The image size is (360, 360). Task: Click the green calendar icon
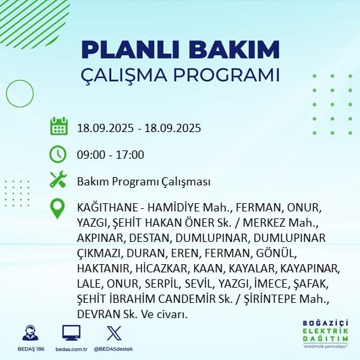(x=59, y=126)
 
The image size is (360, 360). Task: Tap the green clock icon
(x=58, y=154)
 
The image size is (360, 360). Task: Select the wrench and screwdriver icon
(x=58, y=179)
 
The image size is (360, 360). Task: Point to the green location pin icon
(x=57, y=208)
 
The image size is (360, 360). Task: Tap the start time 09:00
(x=91, y=154)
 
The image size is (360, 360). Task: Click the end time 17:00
(x=130, y=154)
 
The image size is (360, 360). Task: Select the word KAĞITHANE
(x=107, y=208)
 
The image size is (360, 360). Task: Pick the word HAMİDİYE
(x=173, y=208)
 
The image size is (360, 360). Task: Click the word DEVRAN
(x=95, y=314)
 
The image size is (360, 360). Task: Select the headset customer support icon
(x=30, y=333)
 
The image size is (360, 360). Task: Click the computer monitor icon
(x=71, y=333)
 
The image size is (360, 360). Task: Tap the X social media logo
(x=114, y=333)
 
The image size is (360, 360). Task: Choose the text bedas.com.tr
(x=71, y=349)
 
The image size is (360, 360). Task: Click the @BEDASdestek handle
(x=113, y=349)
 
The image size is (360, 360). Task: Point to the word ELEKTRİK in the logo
(x=325, y=331)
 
